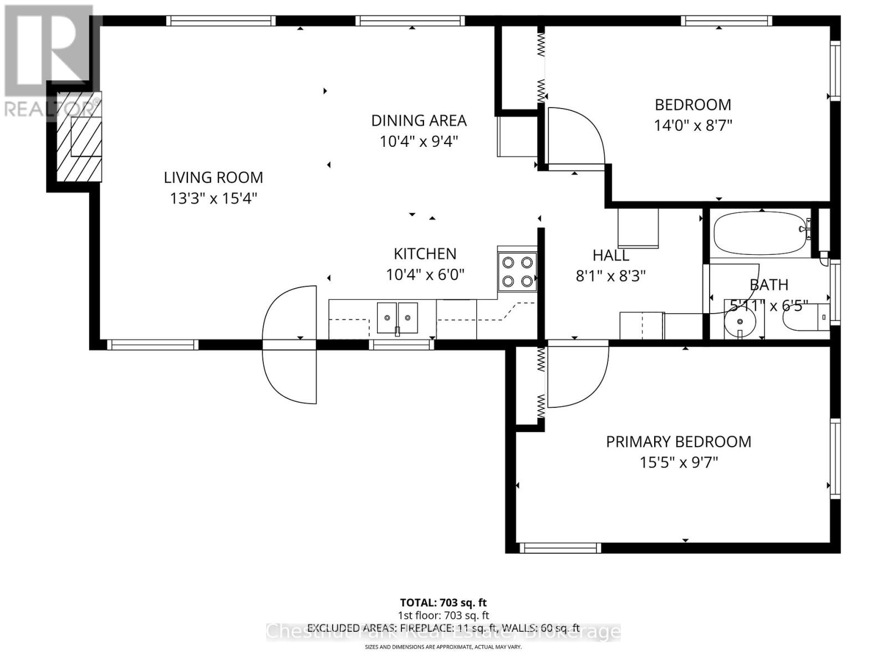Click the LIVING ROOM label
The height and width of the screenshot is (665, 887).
coord(213,177)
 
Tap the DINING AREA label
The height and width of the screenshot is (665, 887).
coord(419,120)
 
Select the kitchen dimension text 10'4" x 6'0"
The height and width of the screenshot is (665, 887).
coord(425,274)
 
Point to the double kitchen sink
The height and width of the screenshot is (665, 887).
coord(397,318)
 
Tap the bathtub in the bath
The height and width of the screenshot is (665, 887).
coord(758,234)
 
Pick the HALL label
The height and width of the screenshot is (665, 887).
coord(610,255)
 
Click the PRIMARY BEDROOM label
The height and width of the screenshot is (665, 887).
coord(678,442)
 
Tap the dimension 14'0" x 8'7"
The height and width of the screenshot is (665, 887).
coord(693,125)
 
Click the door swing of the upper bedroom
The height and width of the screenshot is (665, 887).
coord(574,136)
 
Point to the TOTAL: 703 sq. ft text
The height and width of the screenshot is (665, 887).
coord(443,602)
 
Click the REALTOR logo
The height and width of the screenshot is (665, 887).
coord(50,61)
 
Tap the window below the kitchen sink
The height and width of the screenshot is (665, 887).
coord(401,345)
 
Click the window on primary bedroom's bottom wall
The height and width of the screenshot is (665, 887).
coord(560,548)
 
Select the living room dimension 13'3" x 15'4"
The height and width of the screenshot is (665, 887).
coord(213,198)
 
